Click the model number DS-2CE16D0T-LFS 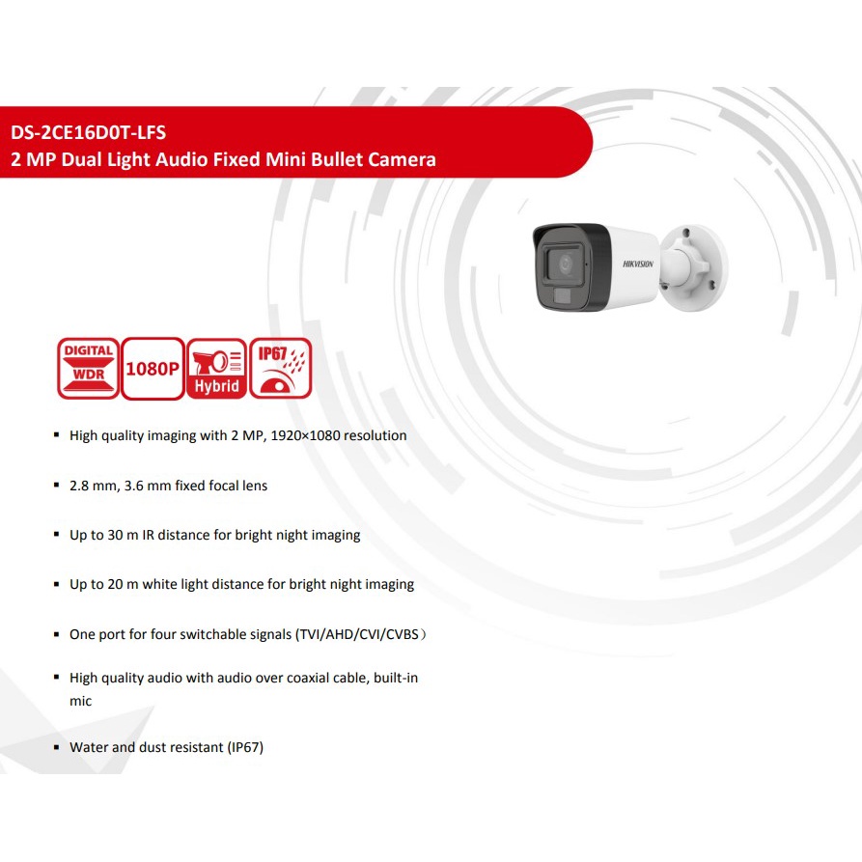89,132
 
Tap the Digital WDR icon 89,368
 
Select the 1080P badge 153,368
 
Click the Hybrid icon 216,368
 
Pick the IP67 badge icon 280,368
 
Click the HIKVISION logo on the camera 638,264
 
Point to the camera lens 566,264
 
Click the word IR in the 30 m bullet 148,535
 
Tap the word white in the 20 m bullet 160,584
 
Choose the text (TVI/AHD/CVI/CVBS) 361,634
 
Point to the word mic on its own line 80,701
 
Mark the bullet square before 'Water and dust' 56,747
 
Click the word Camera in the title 402,159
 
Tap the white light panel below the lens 562,296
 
